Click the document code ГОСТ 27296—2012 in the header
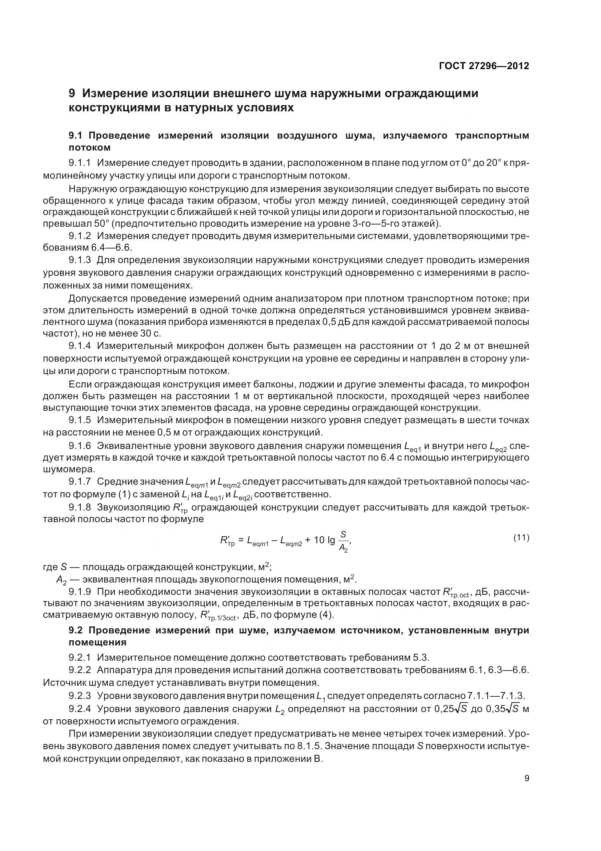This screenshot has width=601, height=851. [x=484, y=66]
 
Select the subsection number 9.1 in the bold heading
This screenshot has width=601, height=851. [x=77, y=136]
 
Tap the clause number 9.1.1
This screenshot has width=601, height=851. [x=80, y=163]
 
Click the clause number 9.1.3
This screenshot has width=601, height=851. [x=80, y=260]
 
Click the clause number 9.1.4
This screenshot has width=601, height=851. [x=80, y=346]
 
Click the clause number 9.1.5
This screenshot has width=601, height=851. [x=80, y=420]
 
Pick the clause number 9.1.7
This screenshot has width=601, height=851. [x=80, y=481]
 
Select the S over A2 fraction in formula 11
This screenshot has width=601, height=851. [x=343, y=541]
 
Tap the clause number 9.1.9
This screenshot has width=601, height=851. [x=80, y=591]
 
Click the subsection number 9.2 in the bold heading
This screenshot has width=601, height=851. [x=77, y=631]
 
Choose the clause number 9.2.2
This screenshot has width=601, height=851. [x=80, y=670]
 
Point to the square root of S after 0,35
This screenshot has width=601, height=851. [x=512, y=709]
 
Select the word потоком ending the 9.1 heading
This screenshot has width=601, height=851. [x=89, y=147]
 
